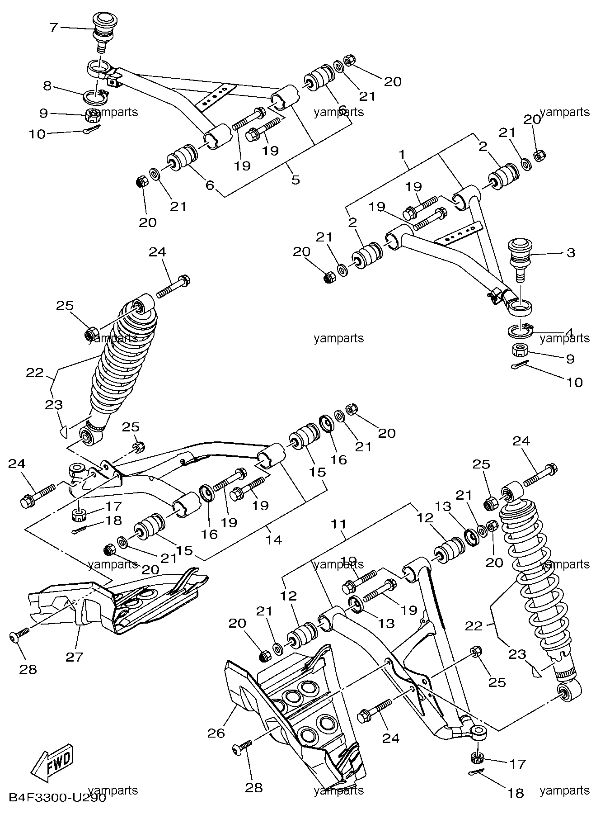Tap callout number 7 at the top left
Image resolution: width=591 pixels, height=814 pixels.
(x=53, y=28)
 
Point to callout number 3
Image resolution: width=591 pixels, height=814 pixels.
(x=570, y=252)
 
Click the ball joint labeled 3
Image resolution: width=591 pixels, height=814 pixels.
(x=522, y=261)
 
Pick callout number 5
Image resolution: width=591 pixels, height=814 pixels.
(x=295, y=180)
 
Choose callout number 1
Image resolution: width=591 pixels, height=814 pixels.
(x=402, y=154)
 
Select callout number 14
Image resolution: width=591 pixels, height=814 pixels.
(x=274, y=539)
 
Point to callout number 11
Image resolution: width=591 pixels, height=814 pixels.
(x=338, y=524)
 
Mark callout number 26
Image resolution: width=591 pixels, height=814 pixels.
(x=216, y=733)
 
